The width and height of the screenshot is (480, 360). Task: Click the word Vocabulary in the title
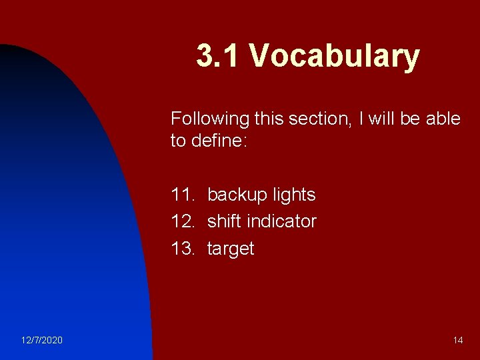(x=335, y=57)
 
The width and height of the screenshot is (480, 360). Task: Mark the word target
(x=231, y=249)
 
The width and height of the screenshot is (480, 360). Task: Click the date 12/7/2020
(x=41, y=341)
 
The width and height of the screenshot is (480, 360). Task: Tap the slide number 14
(x=458, y=341)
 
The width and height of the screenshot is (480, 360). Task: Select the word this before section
(x=271, y=119)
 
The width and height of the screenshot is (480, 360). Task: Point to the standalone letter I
(x=361, y=119)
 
